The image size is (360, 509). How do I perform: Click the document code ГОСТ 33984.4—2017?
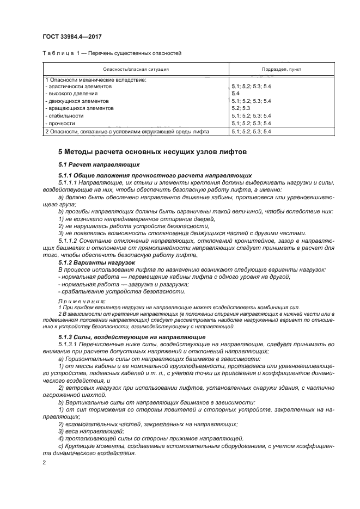[x=71, y=36]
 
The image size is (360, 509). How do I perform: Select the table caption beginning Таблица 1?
[x=112, y=53]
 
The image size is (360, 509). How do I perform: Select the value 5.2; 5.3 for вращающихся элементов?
[x=240, y=108]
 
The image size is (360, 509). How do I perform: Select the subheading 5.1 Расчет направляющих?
[x=99, y=164]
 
